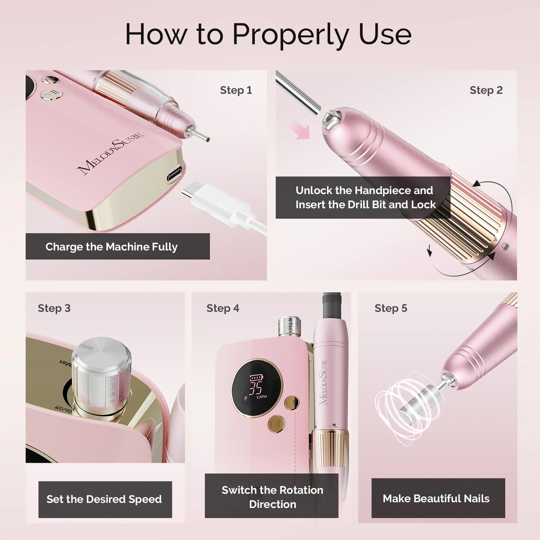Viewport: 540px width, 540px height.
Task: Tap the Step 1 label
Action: tap(236, 90)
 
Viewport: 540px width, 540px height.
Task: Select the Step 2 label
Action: tap(486, 90)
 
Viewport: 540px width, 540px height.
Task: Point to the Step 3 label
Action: tap(54, 308)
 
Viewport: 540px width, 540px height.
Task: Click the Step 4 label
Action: tap(223, 308)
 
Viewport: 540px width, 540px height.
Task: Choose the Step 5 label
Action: tap(391, 308)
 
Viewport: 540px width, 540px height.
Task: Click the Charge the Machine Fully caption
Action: tap(111, 247)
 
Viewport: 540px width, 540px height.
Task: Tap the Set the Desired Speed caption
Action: tap(104, 499)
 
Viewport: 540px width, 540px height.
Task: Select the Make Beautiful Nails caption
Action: tap(436, 498)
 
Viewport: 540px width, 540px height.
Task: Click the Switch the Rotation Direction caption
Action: tap(272, 497)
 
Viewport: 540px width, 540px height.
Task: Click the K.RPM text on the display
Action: tap(262, 397)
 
